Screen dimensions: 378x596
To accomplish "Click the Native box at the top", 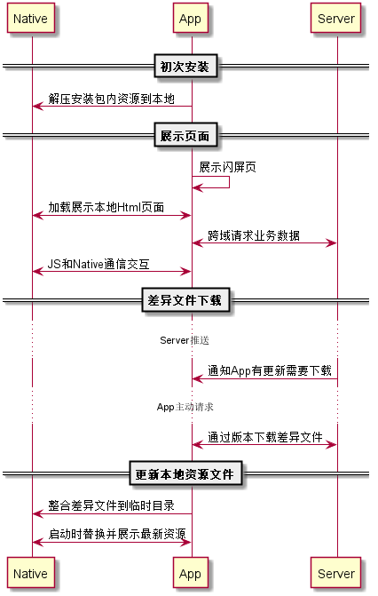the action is (31, 18).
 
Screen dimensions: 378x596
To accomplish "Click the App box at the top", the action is (190, 18).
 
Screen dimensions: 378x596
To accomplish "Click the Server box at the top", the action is (335, 18).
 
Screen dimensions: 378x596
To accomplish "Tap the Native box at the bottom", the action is (31, 572).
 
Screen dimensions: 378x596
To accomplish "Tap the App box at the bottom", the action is (190, 572).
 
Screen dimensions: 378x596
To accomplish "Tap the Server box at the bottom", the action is (335, 572).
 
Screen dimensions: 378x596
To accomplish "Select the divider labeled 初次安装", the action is (185, 67).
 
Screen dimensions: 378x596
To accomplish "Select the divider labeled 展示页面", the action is (185, 135).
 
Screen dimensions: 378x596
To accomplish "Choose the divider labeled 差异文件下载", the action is (185, 300).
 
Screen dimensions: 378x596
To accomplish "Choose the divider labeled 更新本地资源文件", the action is (185, 473).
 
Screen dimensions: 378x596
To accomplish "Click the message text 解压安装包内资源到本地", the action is (111, 99).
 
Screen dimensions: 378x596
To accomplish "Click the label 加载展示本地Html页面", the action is (106, 207).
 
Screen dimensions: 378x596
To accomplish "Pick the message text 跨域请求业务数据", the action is (254, 235).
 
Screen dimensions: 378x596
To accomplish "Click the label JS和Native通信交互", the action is (98, 264).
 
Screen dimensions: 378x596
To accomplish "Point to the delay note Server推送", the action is (185, 340).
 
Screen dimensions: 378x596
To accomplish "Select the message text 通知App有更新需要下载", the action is (270, 370).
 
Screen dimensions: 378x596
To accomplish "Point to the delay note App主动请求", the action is (185, 407).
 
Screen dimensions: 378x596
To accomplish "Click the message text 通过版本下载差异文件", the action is (264, 437).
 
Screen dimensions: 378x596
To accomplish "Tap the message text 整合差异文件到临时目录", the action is (111, 505).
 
